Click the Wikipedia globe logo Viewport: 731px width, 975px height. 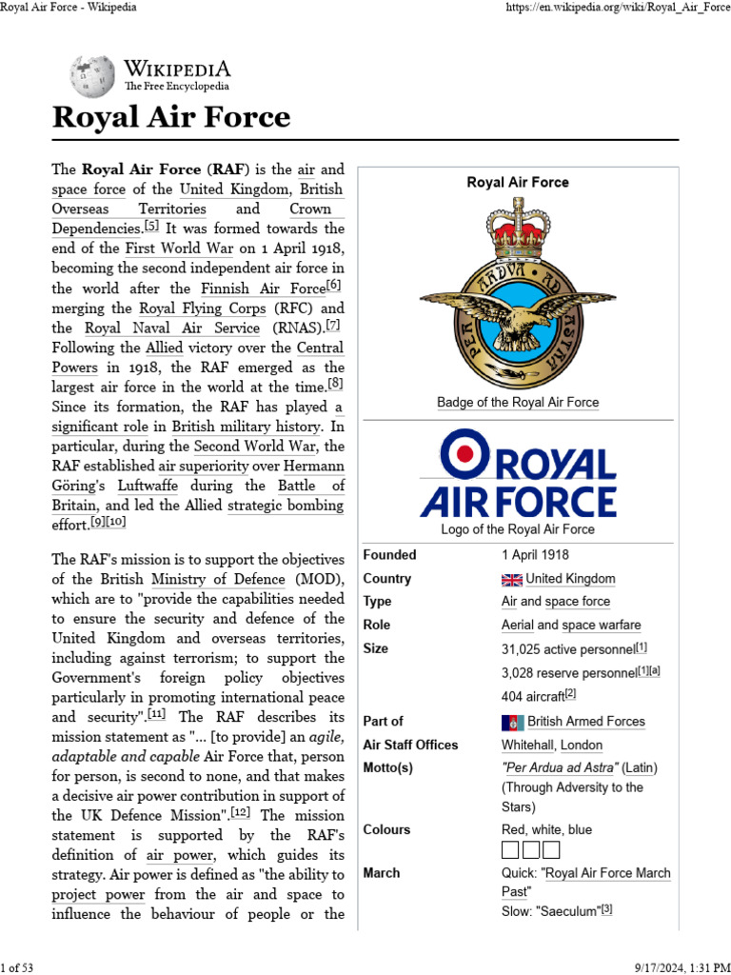92,75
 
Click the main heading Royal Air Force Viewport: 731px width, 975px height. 170,117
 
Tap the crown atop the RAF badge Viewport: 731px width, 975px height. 518,228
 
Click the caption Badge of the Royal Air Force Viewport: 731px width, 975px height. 518,402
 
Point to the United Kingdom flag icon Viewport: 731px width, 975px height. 512,579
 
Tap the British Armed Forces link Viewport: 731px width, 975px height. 585,722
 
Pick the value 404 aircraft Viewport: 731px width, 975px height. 533,695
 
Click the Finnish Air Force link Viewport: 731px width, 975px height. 262,289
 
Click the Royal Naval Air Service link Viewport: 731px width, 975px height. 172,328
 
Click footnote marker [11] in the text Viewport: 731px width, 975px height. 157,715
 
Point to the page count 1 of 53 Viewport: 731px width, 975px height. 17,967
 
